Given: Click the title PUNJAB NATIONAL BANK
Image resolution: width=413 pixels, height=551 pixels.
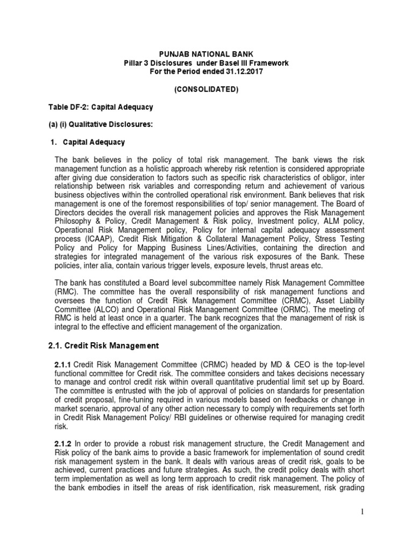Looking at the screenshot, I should [x=206, y=54].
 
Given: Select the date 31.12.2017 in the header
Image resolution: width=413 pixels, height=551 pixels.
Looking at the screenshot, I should [x=242, y=72].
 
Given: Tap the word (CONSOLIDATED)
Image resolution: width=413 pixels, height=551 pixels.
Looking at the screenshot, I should [x=206, y=89].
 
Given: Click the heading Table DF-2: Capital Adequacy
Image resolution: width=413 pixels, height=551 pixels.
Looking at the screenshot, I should [x=102, y=107].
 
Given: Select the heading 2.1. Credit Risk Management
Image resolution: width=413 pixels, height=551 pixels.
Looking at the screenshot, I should [x=103, y=345].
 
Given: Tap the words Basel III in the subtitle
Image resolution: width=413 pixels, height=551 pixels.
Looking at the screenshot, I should [x=228, y=63].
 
